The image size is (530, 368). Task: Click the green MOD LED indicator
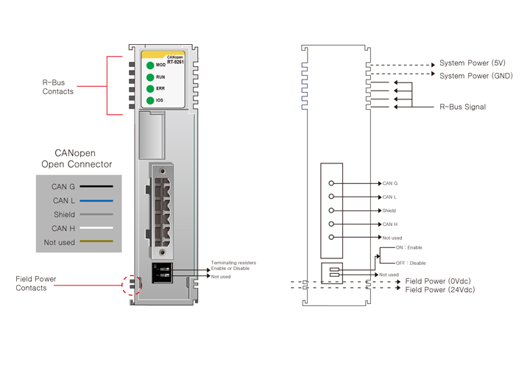click(x=150, y=66)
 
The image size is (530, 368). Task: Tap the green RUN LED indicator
click(x=150, y=77)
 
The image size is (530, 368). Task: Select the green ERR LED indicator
click(x=150, y=89)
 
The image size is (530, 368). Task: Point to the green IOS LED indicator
click(x=150, y=100)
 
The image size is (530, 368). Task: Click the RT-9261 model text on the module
click(x=174, y=62)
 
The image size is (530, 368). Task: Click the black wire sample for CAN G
click(x=96, y=187)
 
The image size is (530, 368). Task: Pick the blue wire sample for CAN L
click(x=96, y=200)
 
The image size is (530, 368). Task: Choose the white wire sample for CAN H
click(x=96, y=228)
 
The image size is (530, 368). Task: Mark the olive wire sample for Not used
click(x=96, y=241)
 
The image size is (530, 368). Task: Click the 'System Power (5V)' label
click(x=473, y=63)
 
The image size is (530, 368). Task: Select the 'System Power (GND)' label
click(x=476, y=76)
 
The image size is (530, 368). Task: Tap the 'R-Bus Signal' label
click(x=462, y=107)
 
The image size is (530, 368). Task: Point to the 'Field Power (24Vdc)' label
click(x=440, y=290)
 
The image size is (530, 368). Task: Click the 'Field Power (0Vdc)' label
click(x=439, y=281)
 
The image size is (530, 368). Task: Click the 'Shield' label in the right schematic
click(x=389, y=210)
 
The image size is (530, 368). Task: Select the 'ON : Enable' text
click(x=409, y=248)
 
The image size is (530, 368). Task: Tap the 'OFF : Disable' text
click(x=411, y=263)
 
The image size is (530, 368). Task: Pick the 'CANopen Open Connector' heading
click(x=77, y=158)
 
